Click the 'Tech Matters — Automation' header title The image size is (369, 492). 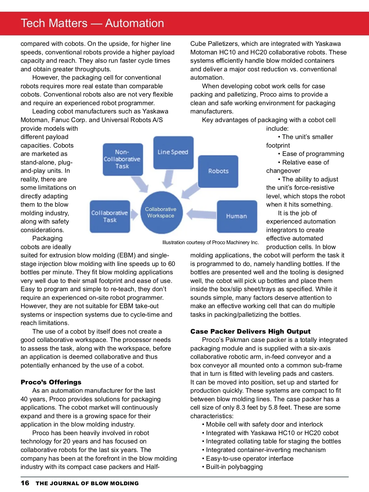[92, 23]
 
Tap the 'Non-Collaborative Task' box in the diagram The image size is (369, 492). [122, 159]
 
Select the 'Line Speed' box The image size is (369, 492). [173, 152]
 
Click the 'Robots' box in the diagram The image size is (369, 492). [218, 171]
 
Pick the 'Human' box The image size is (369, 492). [236, 216]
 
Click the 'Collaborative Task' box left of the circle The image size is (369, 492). [110, 216]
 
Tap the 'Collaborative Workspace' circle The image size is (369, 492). [161, 212]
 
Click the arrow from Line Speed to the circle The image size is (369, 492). [168, 179]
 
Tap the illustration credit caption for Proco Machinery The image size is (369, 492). [210, 242]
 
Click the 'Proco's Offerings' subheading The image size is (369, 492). [51, 382]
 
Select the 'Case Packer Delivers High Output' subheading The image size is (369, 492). [250, 331]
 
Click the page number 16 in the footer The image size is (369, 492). [25, 483]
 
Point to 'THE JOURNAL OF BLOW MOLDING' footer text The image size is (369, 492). [87, 483]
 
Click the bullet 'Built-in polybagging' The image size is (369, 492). [234, 467]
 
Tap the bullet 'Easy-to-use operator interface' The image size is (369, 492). [249, 458]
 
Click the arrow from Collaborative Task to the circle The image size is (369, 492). [134, 214]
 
